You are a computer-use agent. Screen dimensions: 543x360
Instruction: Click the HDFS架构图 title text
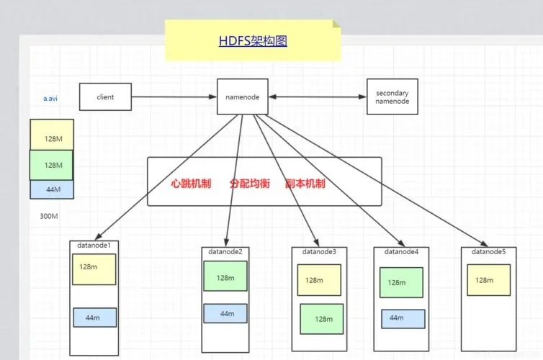click(x=253, y=41)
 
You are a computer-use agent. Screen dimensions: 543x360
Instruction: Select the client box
click(x=105, y=97)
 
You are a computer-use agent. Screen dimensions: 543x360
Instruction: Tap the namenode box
click(x=243, y=96)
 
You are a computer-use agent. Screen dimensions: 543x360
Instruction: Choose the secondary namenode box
click(x=392, y=96)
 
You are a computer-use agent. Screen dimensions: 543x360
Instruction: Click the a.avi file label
click(x=50, y=99)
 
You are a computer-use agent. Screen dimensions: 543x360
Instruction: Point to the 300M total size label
click(x=49, y=216)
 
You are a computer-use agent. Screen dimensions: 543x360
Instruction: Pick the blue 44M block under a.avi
click(x=52, y=189)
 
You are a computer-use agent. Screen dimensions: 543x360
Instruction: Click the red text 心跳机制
click(x=191, y=183)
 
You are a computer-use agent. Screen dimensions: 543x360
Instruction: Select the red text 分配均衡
click(x=250, y=183)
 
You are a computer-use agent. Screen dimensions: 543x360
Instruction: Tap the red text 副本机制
click(x=305, y=183)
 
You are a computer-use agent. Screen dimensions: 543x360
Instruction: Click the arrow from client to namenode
click(x=174, y=97)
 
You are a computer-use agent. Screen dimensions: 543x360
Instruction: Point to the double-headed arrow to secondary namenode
click(x=318, y=96)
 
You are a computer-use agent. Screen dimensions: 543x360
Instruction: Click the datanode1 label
click(x=94, y=245)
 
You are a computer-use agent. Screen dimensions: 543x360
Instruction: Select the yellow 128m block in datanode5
click(x=489, y=280)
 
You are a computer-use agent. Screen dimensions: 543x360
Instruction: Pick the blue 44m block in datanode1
click(x=95, y=318)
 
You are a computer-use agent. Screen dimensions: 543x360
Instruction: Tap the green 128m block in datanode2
click(x=225, y=276)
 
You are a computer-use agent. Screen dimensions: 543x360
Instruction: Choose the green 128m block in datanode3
click(x=322, y=319)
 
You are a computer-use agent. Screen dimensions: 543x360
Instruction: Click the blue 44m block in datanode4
click(x=403, y=319)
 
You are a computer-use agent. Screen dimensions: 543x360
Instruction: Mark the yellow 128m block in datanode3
click(x=319, y=280)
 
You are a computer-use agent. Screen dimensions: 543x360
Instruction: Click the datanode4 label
click(x=401, y=252)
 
